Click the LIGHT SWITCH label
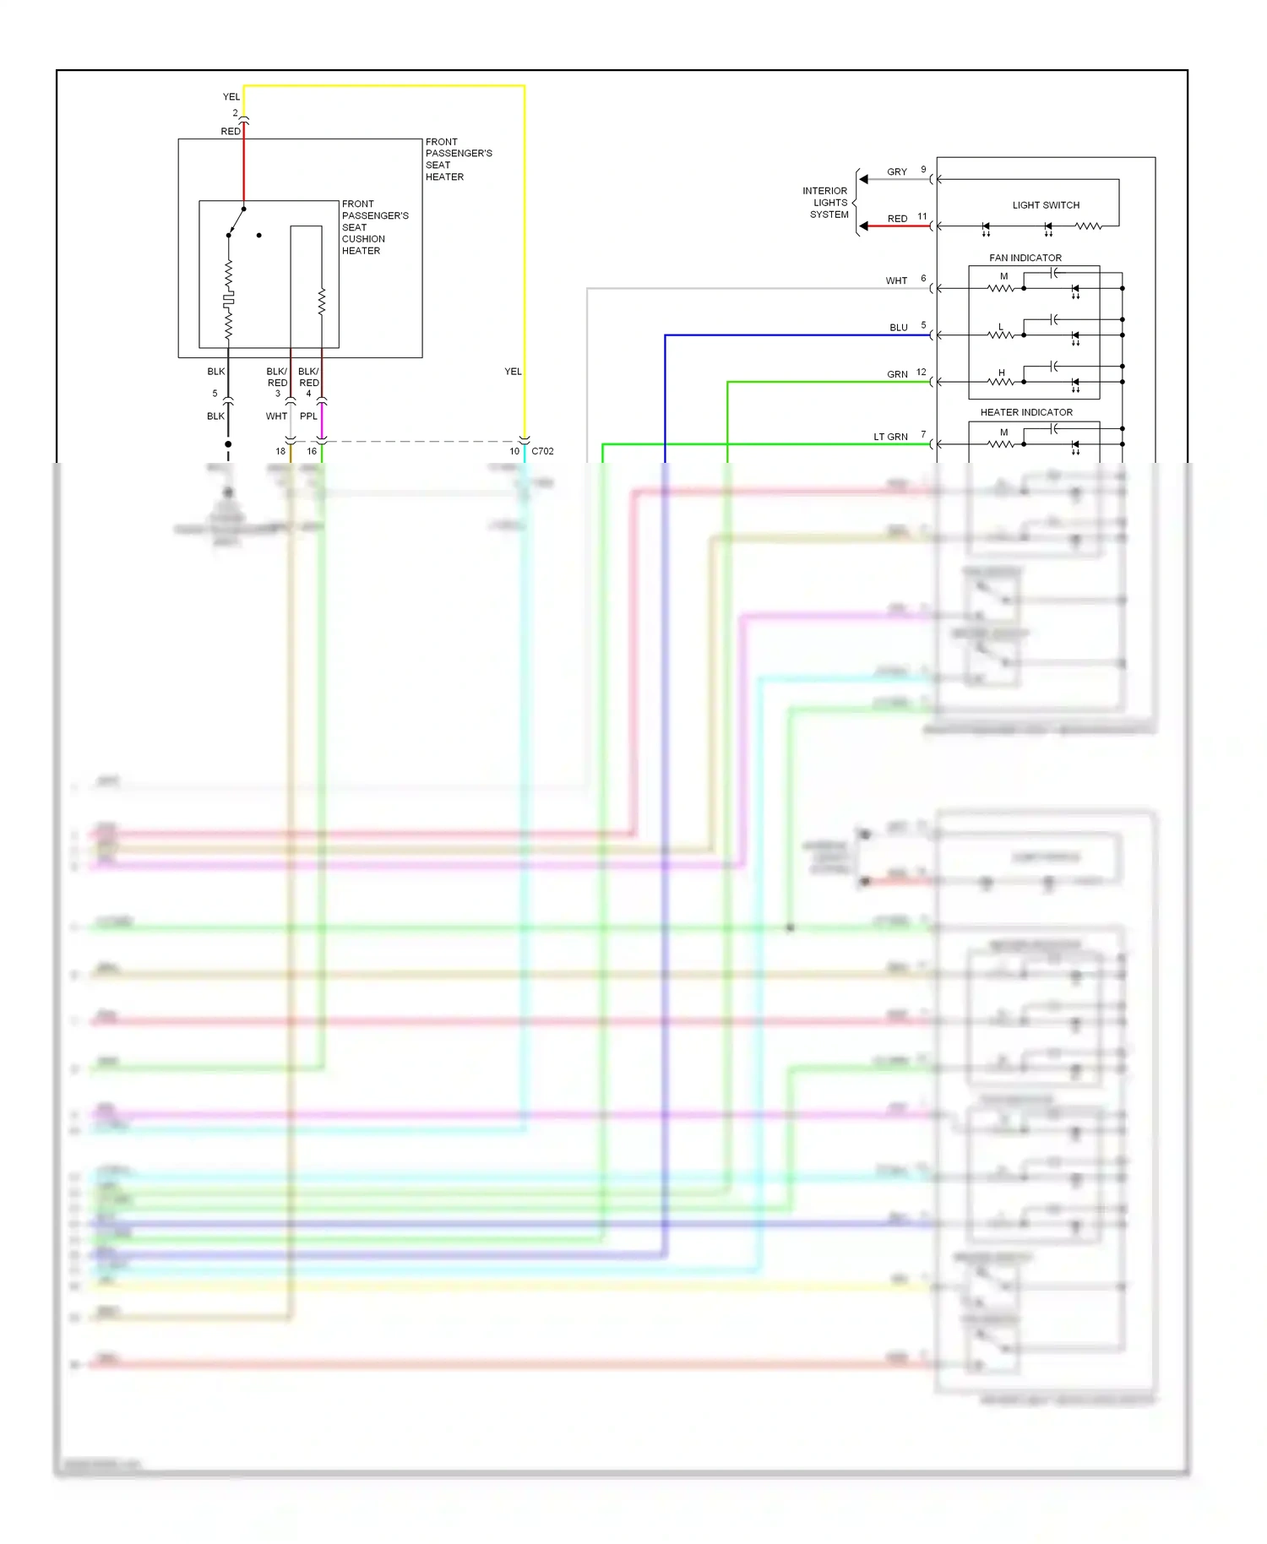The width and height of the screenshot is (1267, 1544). point(1046,205)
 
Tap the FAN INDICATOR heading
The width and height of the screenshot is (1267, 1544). point(1025,258)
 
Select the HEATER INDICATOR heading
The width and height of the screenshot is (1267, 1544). point(1025,412)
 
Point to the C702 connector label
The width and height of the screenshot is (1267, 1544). point(542,451)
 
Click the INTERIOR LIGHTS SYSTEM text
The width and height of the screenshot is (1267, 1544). point(826,203)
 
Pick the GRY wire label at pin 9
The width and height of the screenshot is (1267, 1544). point(896,172)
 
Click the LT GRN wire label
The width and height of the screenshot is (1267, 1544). point(890,437)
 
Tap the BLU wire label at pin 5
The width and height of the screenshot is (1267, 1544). point(898,328)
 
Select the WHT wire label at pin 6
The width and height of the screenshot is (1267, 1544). point(896,281)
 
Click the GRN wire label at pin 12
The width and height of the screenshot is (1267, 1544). point(897,374)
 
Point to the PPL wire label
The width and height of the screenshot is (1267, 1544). point(308,416)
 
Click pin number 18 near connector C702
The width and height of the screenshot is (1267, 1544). point(280,451)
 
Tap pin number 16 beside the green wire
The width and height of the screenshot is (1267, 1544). point(312,451)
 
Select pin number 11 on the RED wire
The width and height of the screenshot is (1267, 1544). point(922,216)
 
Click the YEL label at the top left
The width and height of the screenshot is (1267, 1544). point(231,97)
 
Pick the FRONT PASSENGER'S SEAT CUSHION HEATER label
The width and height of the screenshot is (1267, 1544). point(374,227)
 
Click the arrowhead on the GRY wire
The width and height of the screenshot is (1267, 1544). point(863,179)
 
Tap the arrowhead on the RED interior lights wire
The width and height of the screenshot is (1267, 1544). point(863,226)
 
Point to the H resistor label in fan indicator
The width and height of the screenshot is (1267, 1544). point(1002,372)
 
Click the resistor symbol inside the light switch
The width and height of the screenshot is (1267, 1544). point(1089,226)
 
